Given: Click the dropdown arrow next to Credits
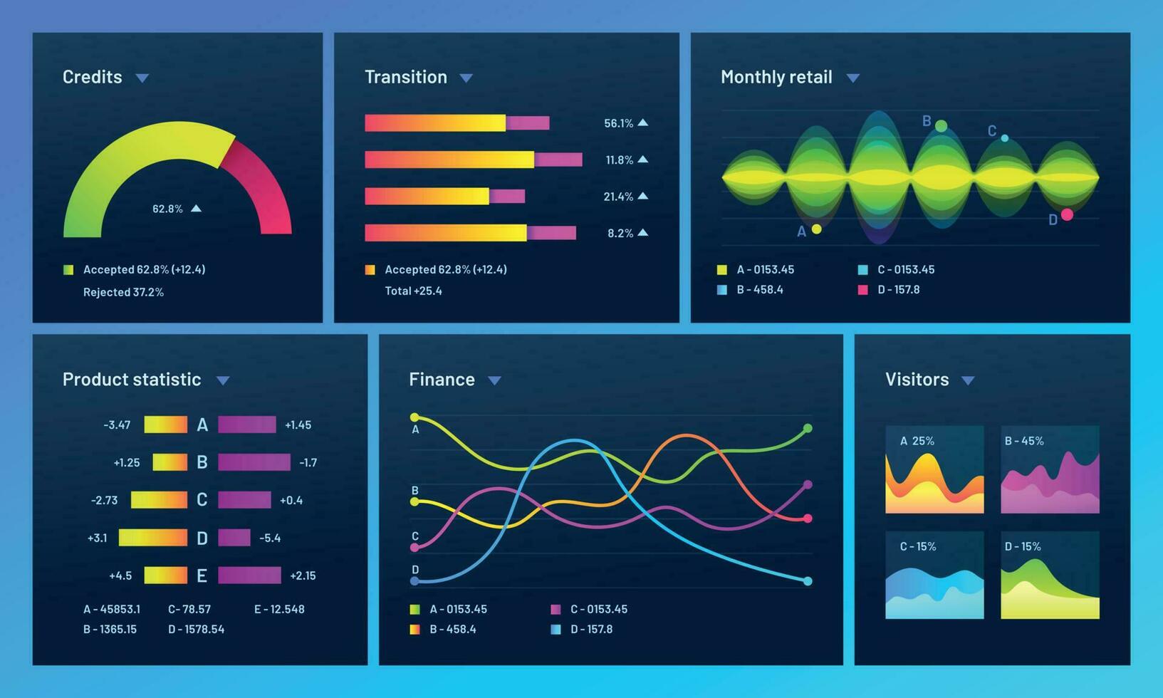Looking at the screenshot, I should coord(142,78).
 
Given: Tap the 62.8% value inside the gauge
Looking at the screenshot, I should coord(167,209).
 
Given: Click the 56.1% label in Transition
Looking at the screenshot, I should coord(618,123).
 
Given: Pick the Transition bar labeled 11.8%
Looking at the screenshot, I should coord(473,160).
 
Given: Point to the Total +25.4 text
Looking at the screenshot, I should coord(413,291).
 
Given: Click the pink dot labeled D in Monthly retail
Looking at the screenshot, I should coord(1067,214).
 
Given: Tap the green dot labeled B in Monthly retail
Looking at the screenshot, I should coord(941,126).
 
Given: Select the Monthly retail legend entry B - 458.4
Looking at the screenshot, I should coord(759,290).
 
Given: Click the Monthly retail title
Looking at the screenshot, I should coord(776,77).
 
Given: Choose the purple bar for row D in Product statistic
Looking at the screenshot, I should coord(234,538).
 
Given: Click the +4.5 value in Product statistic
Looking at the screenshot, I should coord(120,575).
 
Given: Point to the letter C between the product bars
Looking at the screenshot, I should coord(202,500).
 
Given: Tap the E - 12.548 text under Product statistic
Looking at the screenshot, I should coord(279,609).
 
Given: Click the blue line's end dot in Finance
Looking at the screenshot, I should coord(808,581).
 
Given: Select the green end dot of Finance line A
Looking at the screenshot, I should coord(808,429).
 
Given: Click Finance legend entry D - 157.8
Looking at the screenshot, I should coord(590,629).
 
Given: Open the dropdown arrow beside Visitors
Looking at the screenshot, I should coord(968,380).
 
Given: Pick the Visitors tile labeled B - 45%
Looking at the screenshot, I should coord(1050,470).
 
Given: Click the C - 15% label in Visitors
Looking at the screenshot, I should coord(918,546).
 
